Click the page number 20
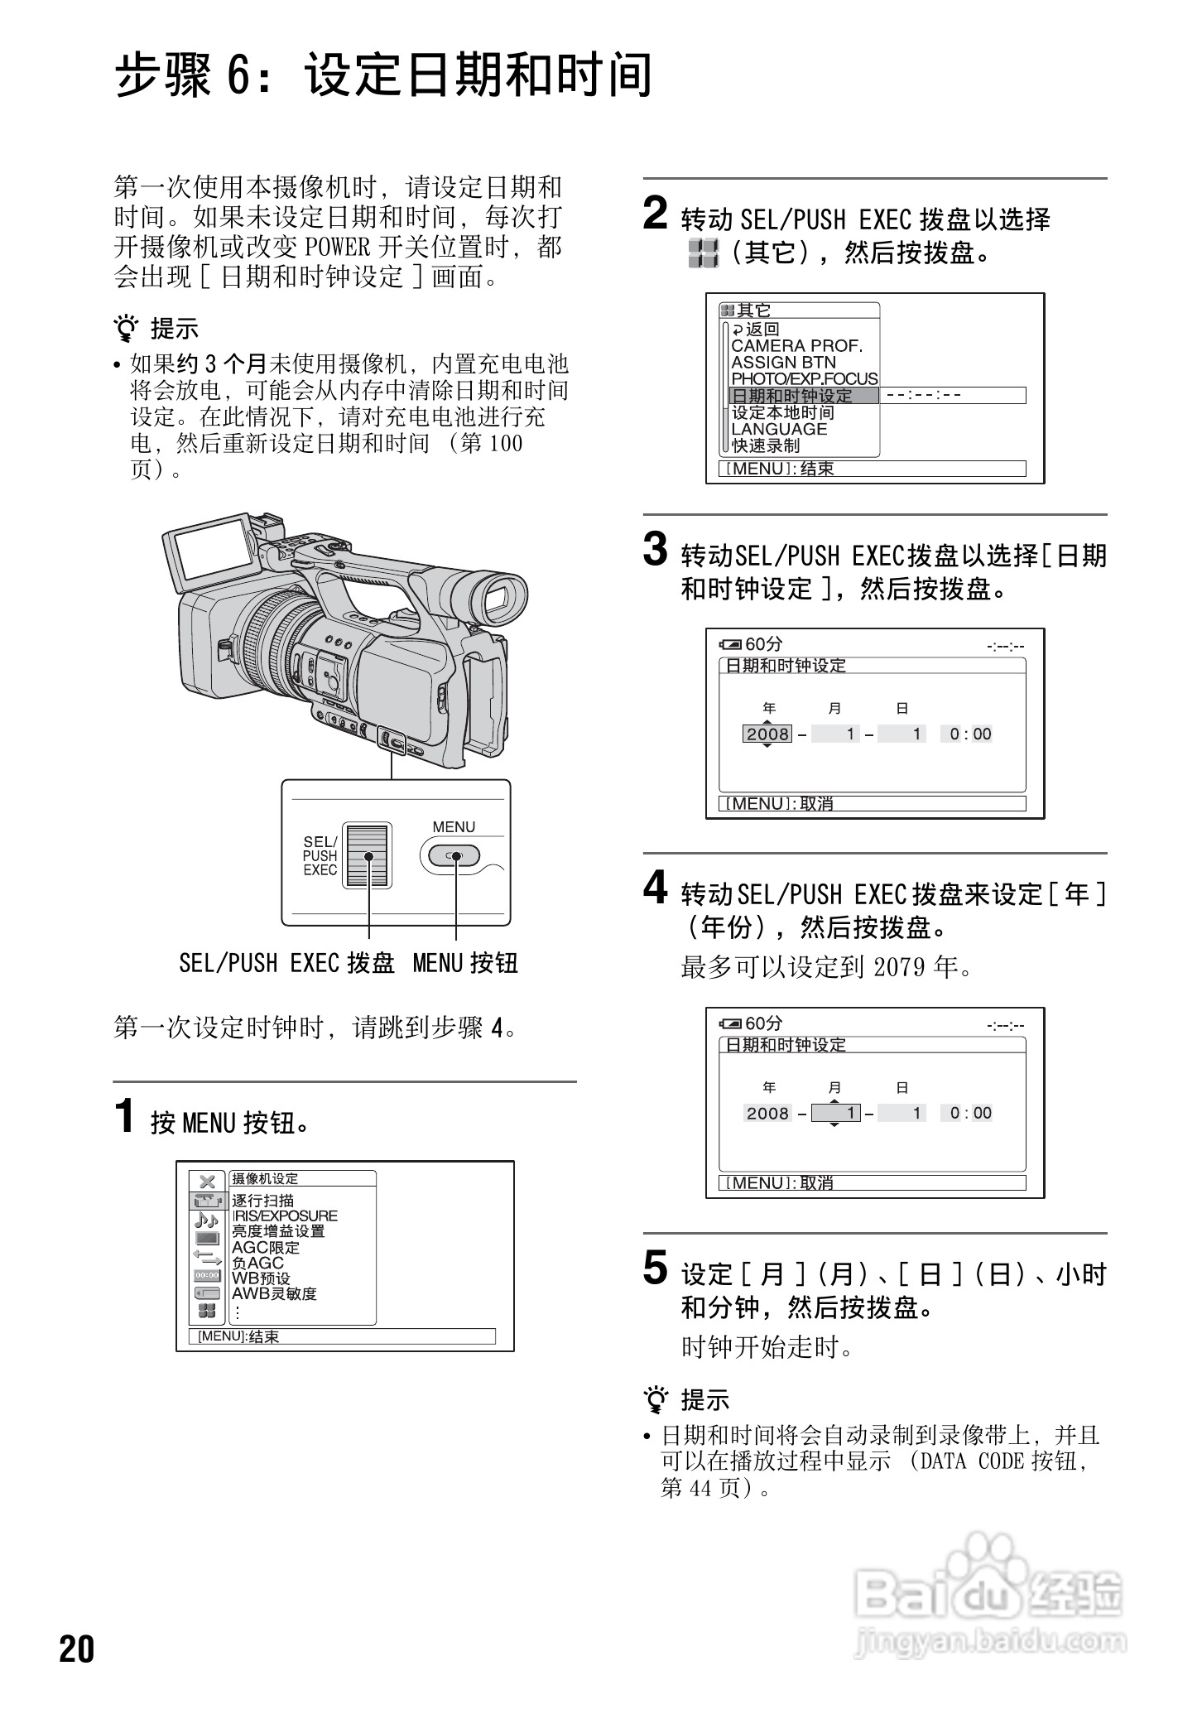77,1649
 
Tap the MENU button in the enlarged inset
451,856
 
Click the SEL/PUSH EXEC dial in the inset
367,856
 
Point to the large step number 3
655,550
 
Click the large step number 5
655,1269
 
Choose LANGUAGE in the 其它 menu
779,429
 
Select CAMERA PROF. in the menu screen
796,345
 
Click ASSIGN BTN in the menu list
783,362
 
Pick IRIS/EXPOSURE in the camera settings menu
285,1216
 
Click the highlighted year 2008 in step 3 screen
767,734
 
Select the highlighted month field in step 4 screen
836,1113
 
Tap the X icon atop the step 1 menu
207,1182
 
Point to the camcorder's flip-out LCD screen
211,548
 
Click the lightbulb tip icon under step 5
656,1400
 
